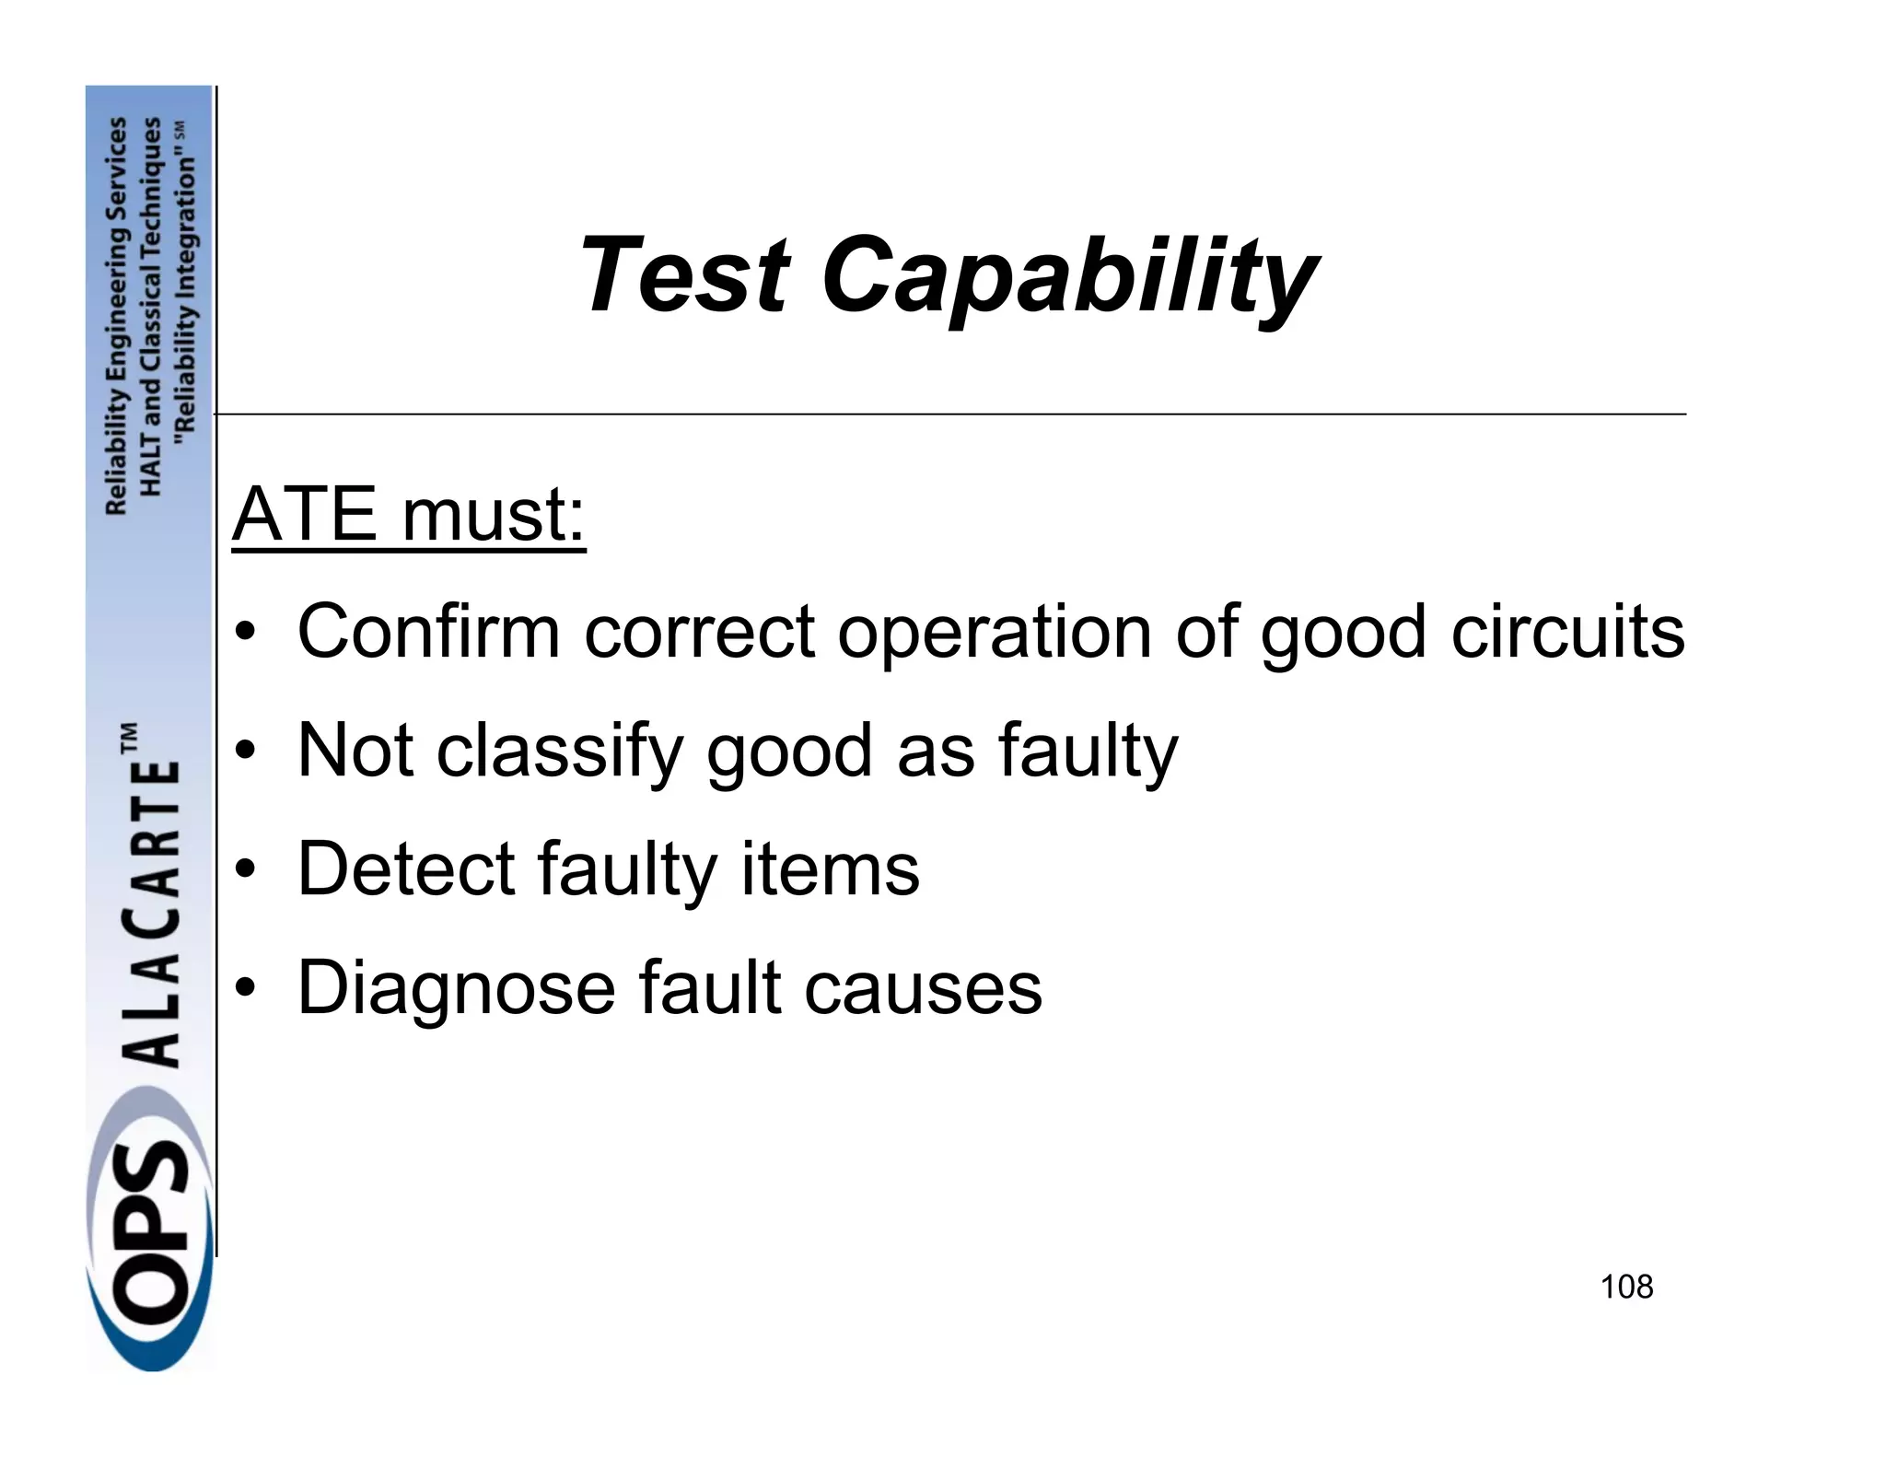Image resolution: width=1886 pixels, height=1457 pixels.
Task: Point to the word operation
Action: tap(995, 634)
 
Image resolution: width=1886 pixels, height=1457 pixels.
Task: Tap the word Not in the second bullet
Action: tap(355, 750)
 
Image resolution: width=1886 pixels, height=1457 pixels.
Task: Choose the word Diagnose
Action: tap(456, 987)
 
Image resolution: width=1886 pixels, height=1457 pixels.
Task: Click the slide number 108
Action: tap(1626, 1287)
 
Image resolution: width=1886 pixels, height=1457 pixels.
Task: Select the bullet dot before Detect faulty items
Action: tap(243, 869)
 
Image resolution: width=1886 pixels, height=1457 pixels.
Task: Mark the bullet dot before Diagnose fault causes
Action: tap(243, 988)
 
